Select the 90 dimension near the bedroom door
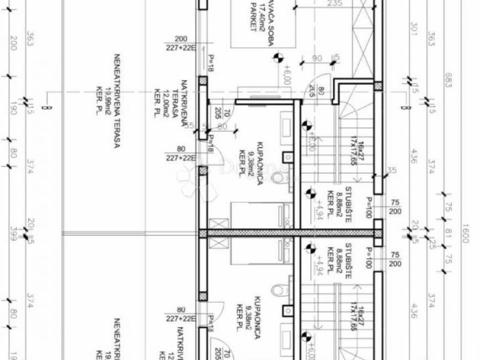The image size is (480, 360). pos(317,59)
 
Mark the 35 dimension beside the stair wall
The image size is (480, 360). pos(392,171)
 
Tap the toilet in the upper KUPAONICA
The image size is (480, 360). pos(280,177)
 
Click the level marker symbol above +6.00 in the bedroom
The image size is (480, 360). pos(278,58)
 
